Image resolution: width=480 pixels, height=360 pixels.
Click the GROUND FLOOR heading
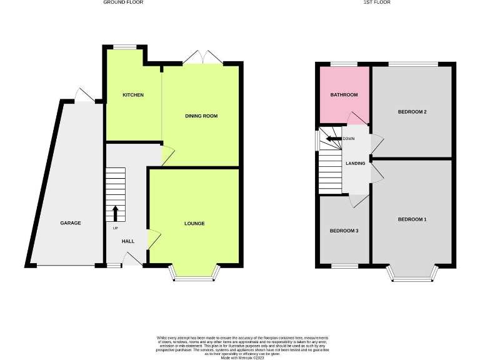[122, 2]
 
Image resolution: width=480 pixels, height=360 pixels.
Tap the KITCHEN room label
[133, 95]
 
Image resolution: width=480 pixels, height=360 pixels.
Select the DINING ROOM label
[201, 116]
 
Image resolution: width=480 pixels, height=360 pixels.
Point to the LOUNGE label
[194, 223]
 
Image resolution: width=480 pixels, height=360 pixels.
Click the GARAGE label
[71, 223]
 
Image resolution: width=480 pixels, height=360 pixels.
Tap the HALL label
[127, 241]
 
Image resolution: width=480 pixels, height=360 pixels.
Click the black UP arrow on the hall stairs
[116, 213]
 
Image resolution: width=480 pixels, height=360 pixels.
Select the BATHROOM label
[344, 95]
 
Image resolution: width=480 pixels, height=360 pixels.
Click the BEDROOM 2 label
[412, 112]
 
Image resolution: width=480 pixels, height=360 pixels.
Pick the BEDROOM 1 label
[412, 219]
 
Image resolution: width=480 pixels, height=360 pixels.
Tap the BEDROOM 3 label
[344, 231]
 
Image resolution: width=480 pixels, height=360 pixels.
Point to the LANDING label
[355, 163]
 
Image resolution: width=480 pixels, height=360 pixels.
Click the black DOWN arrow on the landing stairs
[333, 139]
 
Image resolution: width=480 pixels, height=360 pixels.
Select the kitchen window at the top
[126, 46]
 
